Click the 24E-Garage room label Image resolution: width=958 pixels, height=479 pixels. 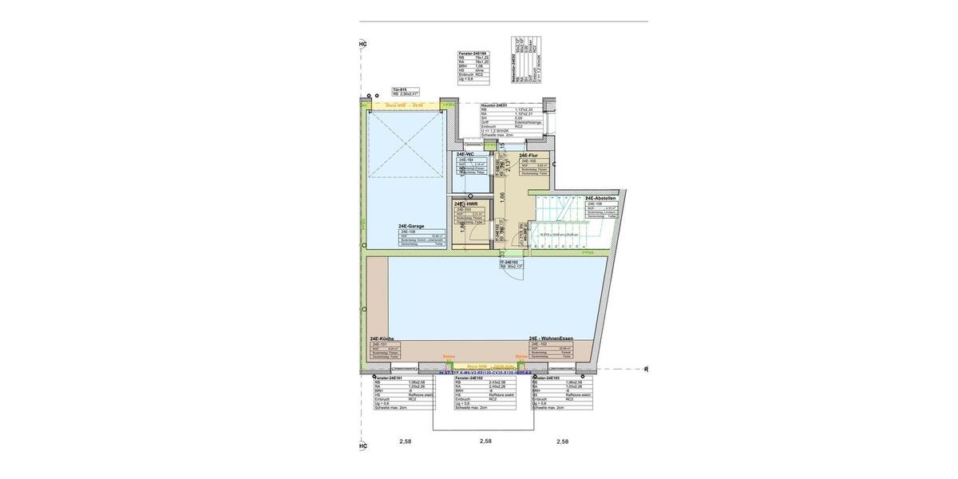411,226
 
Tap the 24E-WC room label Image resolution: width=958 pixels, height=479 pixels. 465,154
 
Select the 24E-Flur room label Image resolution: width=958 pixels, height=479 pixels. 528,156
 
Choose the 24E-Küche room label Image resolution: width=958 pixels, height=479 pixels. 383,339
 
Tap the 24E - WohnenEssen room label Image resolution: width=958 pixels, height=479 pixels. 568,339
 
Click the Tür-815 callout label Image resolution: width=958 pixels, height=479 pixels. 400,89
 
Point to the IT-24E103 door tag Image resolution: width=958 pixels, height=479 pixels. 509,262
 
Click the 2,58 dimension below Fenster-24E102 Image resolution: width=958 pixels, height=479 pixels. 485,441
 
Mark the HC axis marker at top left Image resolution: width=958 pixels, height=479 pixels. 363,44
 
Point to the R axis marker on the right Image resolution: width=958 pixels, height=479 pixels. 646,370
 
